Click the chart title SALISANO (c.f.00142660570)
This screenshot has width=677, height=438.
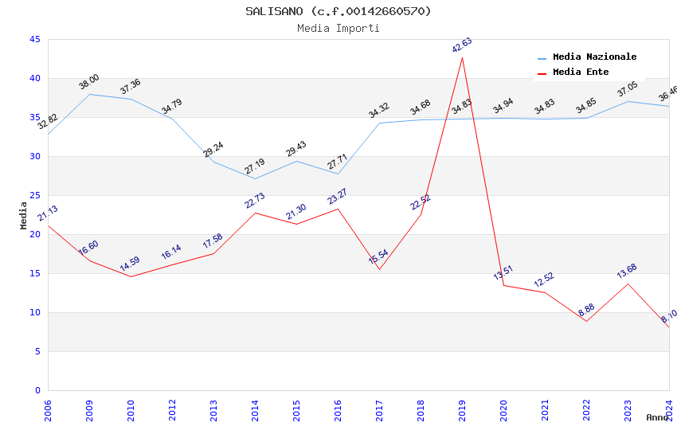(x=338, y=11)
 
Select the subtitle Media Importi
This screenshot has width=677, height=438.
(x=338, y=28)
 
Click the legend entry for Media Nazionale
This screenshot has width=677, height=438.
(x=594, y=57)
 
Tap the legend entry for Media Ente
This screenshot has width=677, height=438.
(x=581, y=72)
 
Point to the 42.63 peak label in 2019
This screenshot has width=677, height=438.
(x=462, y=45)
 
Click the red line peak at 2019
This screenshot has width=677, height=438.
(x=462, y=57)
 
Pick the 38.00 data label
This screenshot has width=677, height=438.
(x=89, y=82)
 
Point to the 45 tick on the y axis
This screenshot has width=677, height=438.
(x=34, y=39)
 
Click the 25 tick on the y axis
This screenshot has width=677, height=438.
(x=34, y=195)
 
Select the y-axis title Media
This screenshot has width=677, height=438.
(x=24, y=216)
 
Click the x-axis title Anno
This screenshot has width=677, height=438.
(x=657, y=417)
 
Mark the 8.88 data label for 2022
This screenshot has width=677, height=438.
(x=585, y=308)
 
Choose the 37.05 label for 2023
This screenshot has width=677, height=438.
(x=628, y=89)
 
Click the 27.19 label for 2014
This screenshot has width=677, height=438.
(x=255, y=166)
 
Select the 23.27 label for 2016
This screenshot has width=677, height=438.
(x=338, y=197)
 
